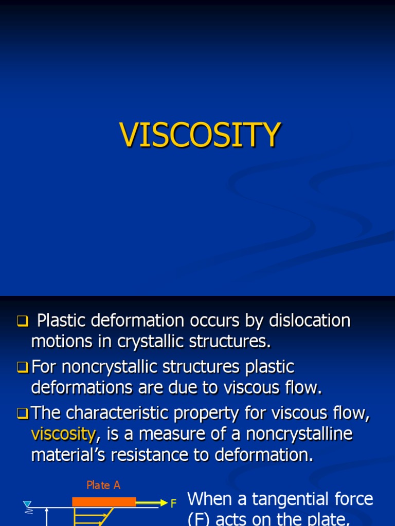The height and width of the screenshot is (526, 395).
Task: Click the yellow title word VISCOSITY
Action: pyautogui.click(x=200, y=135)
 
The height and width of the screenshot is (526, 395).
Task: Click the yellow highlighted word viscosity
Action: pyautogui.click(x=63, y=434)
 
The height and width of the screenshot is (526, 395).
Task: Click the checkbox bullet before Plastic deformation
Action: pyautogui.click(x=22, y=322)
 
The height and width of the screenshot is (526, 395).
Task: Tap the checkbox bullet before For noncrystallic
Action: pyautogui.click(x=22, y=368)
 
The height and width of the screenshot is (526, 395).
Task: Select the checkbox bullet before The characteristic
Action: pyautogui.click(x=22, y=414)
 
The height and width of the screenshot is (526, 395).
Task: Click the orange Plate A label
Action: pyautogui.click(x=103, y=485)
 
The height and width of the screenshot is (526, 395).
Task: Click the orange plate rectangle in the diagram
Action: pyautogui.click(x=104, y=502)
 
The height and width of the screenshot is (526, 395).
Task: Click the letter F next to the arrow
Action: pyautogui.click(x=174, y=504)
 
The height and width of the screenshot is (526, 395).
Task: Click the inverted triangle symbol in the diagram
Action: pyautogui.click(x=27, y=504)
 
